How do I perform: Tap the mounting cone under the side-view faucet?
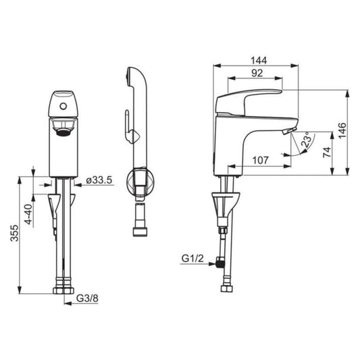224,203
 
